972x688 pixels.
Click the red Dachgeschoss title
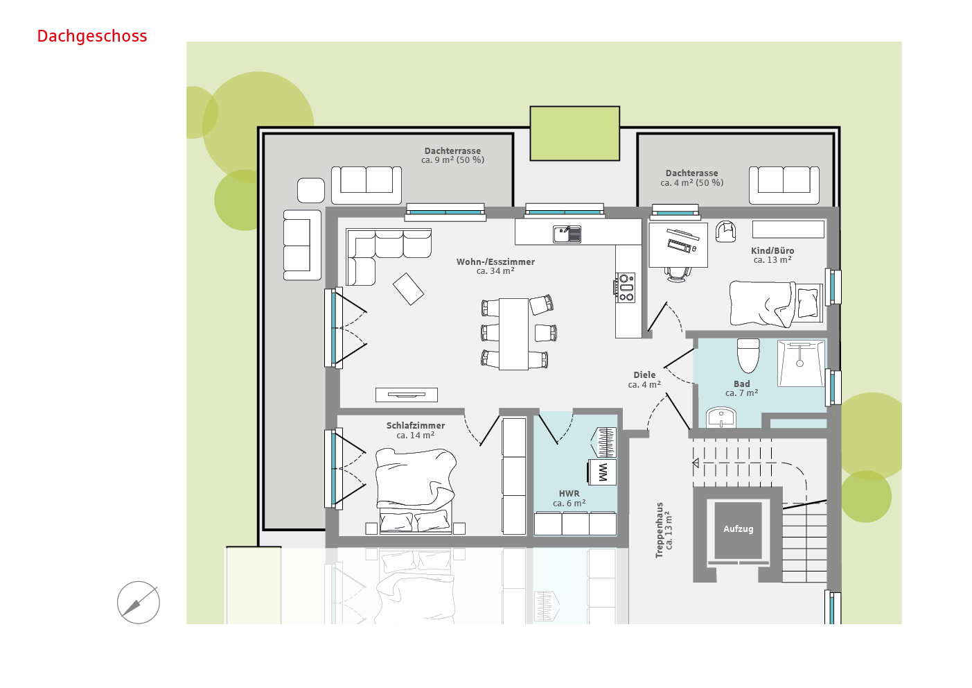(92, 37)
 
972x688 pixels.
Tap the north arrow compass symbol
(139, 603)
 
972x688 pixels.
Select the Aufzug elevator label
(738, 529)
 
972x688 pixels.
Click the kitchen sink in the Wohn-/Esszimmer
(567, 234)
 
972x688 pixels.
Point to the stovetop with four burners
(626, 287)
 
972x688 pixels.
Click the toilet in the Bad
(748, 356)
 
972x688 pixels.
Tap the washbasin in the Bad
(721, 418)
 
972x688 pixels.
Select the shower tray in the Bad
(801, 363)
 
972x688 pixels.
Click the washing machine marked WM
(602, 472)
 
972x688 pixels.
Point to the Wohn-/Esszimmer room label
(495, 266)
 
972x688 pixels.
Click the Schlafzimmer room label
(416, 430)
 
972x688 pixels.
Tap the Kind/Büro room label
(772, 255)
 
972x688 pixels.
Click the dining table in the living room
(514, 334)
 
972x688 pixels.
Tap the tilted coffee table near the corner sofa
(408, 289)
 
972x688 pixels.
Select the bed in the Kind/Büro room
(776, 304)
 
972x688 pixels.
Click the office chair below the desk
(677, 275)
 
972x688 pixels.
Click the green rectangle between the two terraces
(574, 133)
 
